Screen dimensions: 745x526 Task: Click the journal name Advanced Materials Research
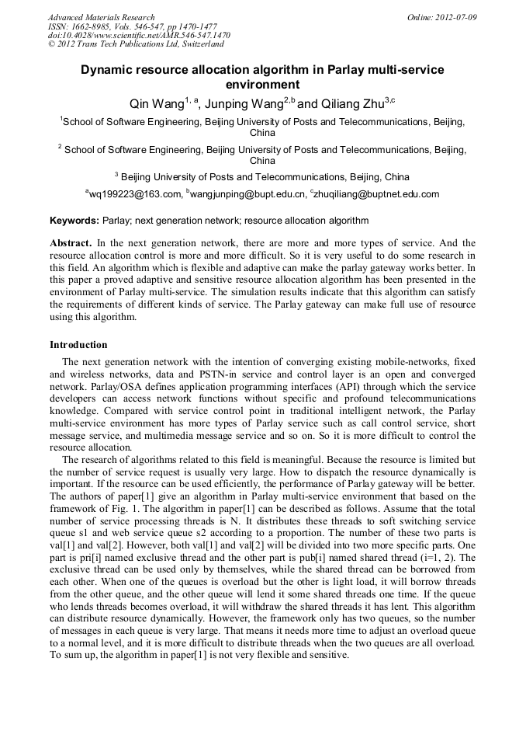pyautogui.click(x=101, y=17)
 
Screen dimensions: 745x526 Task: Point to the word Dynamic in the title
pyautogui.click(x=109, y=70)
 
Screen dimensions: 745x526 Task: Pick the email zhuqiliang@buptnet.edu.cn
pyautogui.click(x=376, y=194)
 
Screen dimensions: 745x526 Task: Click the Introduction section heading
pyautogui.click(x=78, y=345)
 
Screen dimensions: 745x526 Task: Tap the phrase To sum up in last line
pyautogui.click(x=73, y=655)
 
